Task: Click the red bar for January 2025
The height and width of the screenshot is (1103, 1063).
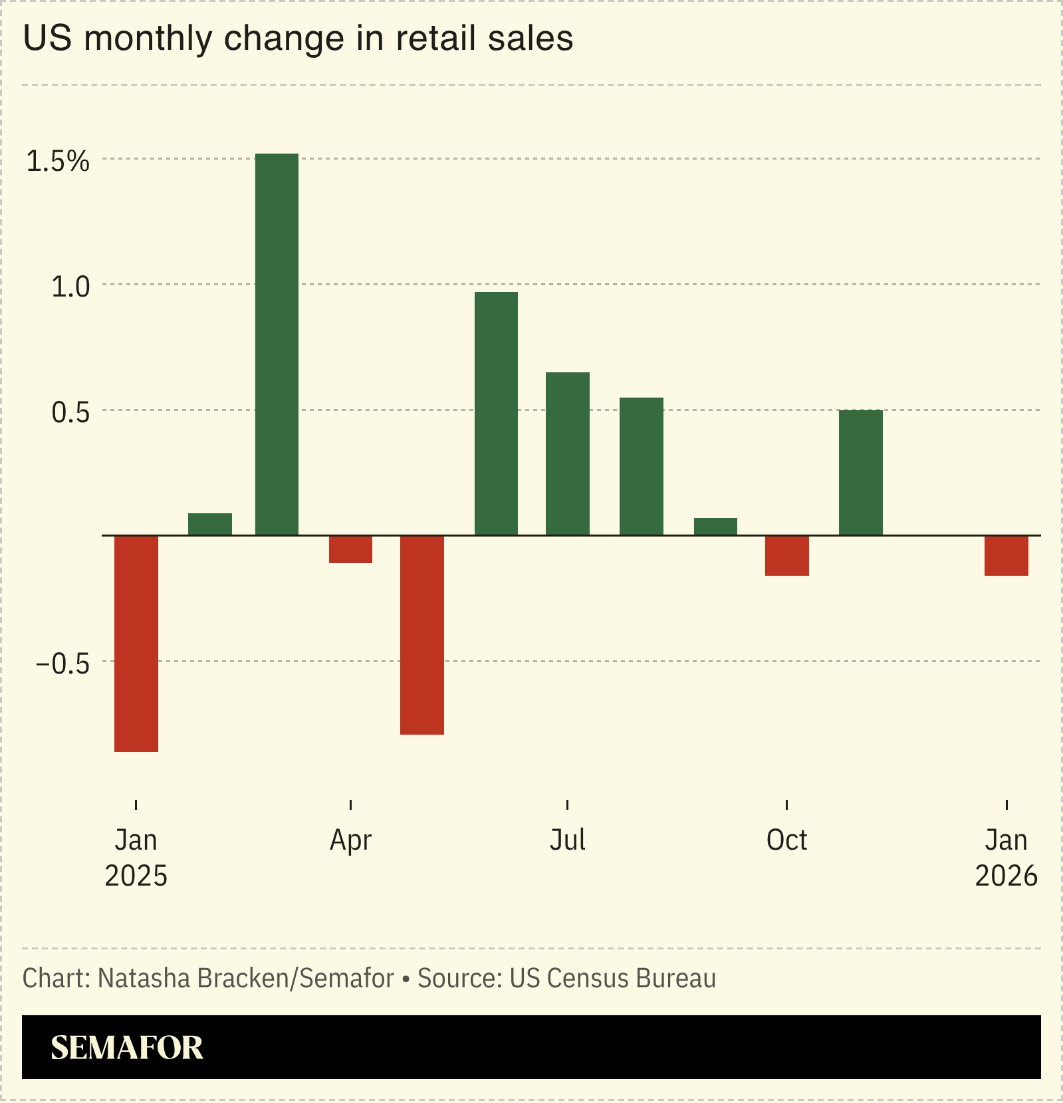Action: point(136,643)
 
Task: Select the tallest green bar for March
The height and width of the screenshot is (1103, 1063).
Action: point(277,344)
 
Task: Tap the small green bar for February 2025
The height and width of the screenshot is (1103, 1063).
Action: point(210,524)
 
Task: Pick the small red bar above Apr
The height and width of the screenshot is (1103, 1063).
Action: point(350,549)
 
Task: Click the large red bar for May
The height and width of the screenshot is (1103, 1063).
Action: point(422,634)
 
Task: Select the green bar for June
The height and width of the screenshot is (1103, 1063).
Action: point(496,414)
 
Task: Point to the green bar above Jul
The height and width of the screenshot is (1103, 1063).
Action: point(568,453)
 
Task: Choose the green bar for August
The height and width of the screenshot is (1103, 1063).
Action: point(642,466)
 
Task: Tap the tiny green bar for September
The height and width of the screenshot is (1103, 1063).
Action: point(715,527)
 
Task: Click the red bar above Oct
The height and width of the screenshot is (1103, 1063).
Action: point(787,555)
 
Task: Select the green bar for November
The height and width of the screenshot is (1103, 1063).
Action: point(861,473)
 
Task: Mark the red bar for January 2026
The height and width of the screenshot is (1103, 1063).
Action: point(1006,555)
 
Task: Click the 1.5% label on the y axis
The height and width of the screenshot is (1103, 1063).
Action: point(57,161)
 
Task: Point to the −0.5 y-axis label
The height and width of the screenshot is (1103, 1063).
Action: point(62,664)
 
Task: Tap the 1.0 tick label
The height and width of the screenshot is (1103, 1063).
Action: point(70,287)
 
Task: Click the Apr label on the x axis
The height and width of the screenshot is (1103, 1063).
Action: point(350,840)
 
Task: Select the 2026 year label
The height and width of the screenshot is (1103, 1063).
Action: point(1006,876)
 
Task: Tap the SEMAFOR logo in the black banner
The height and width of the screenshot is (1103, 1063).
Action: point(127,1048)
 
